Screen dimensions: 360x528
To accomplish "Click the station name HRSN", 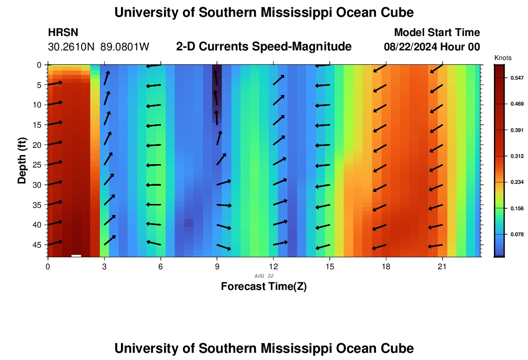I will [x=63, y=33].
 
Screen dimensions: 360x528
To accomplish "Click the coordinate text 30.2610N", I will [x=72, y=47].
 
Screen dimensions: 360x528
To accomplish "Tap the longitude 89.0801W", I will [x=125, y=47].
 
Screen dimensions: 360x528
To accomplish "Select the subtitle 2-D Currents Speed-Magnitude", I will [x=264, y=47].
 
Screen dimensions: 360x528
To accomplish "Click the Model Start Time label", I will [x=437, y=33].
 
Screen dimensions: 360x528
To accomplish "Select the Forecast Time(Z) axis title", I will [x=264, y=287].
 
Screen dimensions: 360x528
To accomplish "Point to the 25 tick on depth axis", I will [x=38, y=165].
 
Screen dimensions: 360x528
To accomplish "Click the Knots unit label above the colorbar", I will [x=503, y=58].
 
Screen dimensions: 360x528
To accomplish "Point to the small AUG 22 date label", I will [x=264, y=276].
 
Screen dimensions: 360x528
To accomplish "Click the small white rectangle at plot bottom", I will [x=76, y=256].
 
